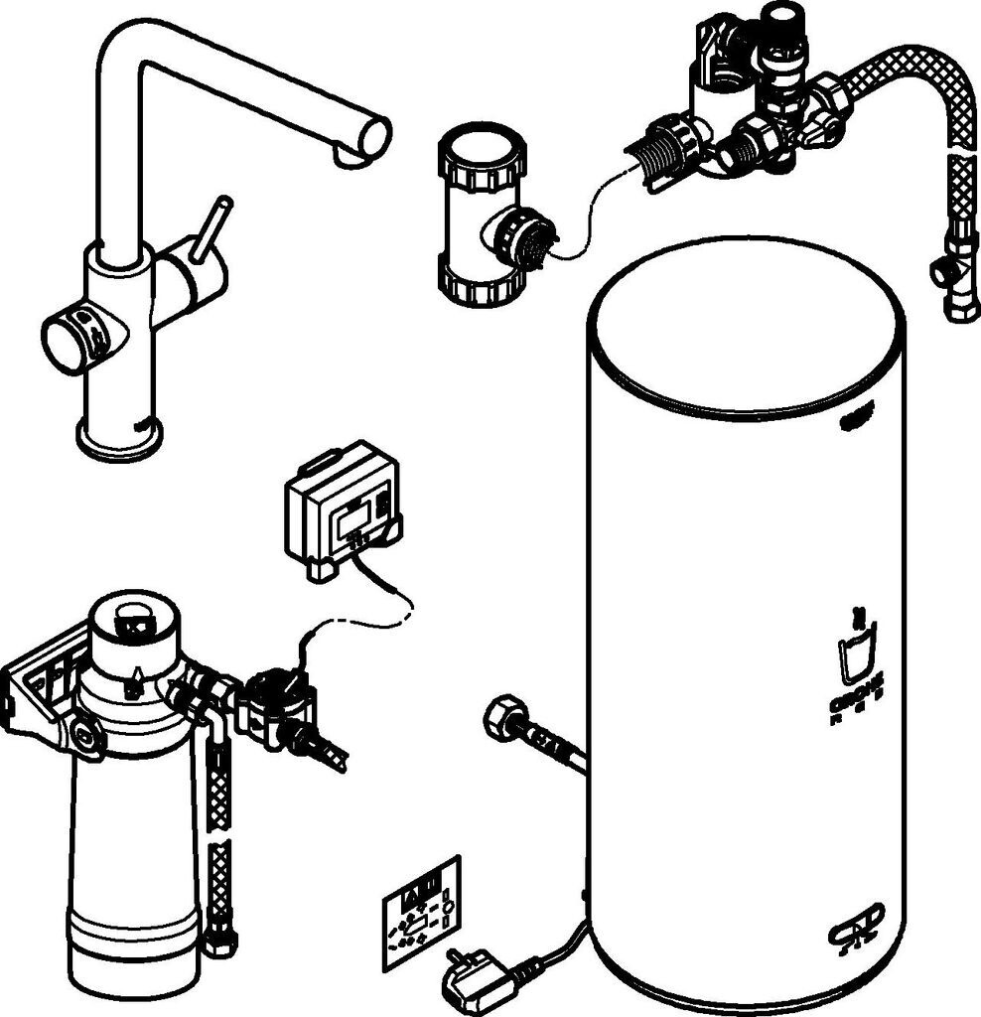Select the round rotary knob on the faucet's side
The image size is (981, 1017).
(x=71, y=341)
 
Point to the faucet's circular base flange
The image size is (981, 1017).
(x=118, y=438)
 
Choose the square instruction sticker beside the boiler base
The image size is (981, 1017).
(x=422, y=905)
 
